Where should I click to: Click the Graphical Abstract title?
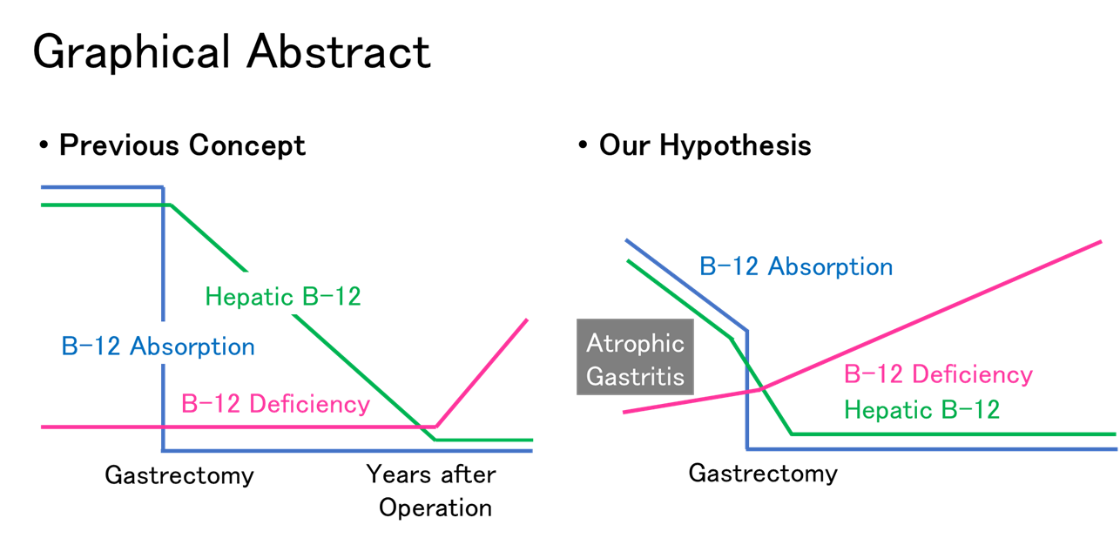[x=232, y=52]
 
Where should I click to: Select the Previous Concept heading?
[x=182, y=145]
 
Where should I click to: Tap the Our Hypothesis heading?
[x=705, y=145]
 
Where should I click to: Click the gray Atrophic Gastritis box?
[x=635, y=357]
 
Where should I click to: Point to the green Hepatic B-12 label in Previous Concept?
[x=283, y=297]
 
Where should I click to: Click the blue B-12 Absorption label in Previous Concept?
[x=158, y=346]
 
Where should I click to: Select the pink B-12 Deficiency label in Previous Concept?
[x=275, y=404]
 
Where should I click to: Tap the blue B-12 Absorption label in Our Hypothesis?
[x=796, y=266]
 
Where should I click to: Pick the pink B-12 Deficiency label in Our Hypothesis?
[x=939, y=374]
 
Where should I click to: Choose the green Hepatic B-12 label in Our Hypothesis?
[x=922, y=409]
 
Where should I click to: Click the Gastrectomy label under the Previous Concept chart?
[x=179, y=475]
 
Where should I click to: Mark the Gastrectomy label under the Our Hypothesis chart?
[x=763, y=473]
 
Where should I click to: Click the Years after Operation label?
[x=431, y=491]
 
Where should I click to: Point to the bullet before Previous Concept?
[x=44, y=145]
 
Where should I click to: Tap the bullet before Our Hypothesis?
[x=583, y=145]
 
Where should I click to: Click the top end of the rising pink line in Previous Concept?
[x=527, y=319]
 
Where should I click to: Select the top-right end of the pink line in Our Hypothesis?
[x=1101, y=242]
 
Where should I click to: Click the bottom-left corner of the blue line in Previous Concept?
[x=163, y=450]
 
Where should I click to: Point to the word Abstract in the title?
[x=339, y=52]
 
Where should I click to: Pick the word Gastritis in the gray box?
[x=635, y=376]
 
